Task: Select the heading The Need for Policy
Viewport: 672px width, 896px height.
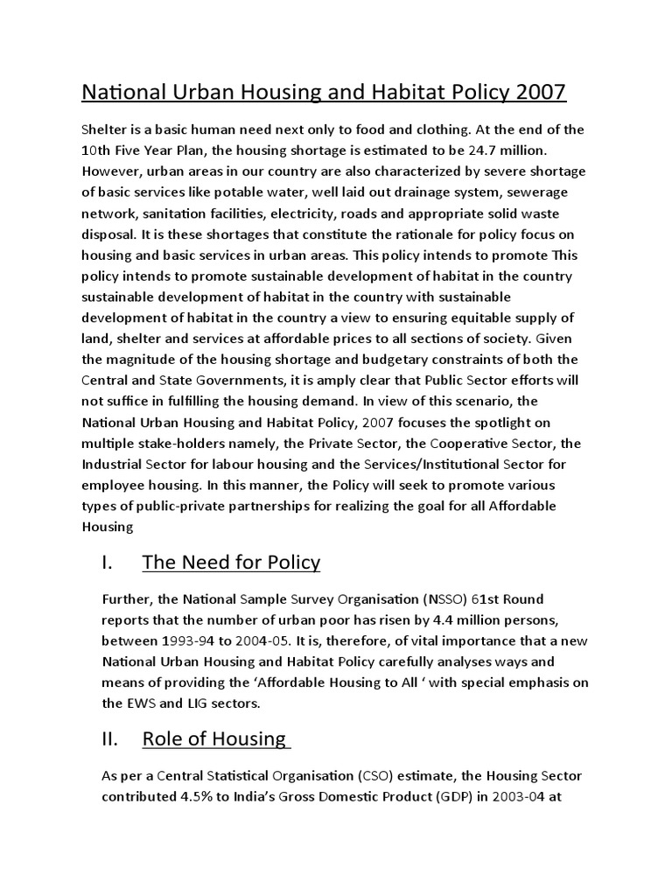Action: [231, 563]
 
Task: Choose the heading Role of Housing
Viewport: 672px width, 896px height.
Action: [215, 739]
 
